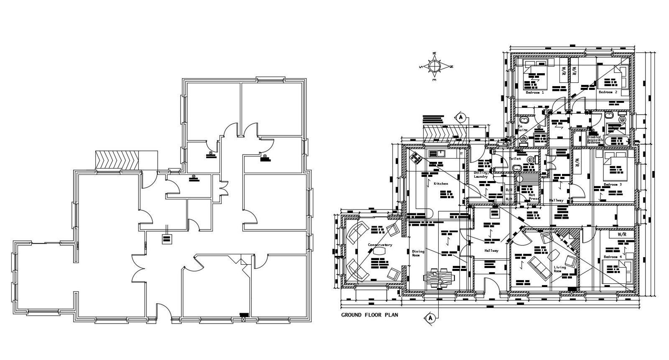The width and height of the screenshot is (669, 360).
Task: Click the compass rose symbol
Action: [x=435, y=66]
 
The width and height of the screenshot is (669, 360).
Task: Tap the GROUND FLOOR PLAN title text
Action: [x=369, y=315]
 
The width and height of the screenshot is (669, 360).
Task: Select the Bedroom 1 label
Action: [x=535, y=92]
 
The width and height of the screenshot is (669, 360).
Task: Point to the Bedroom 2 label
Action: [x=608, y=92]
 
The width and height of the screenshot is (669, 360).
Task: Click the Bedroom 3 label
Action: [x=613, y=184]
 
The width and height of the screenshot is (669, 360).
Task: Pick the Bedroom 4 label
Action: [x=613, y=257]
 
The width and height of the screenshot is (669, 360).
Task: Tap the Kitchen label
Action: [x=441, y=184]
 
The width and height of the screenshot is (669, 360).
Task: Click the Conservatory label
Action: [x=380, y=245]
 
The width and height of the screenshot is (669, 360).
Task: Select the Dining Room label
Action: [x=418, y=253]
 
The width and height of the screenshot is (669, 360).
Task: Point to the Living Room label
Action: [x=559, y=269]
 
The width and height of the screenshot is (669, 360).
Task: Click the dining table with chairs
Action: [x=437, y=278]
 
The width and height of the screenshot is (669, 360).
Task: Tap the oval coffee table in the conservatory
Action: [x=380, y=251]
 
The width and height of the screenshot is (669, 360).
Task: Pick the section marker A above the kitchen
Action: [x=461, y=117]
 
